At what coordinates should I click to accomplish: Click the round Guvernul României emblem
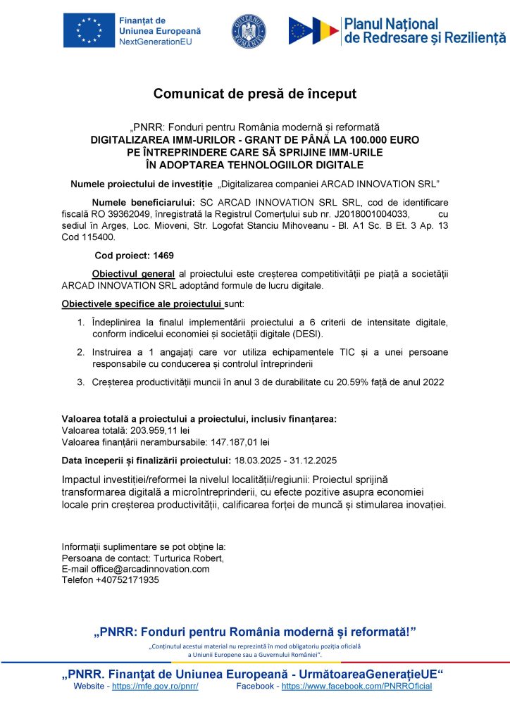pyautogui.click(x=249, y=31)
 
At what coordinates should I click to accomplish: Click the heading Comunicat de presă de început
pyautogui.click(x=254, y=94)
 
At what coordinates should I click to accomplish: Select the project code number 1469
pyautogui.click(x=163, y=255)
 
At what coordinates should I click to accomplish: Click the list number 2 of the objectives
pyautogui.click(x=81, y=351)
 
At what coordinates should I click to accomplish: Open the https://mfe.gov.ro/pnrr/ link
pyautogui.click(x=155, y=686)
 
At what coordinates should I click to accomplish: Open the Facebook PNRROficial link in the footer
pyautogui.click(x=356, y=686)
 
